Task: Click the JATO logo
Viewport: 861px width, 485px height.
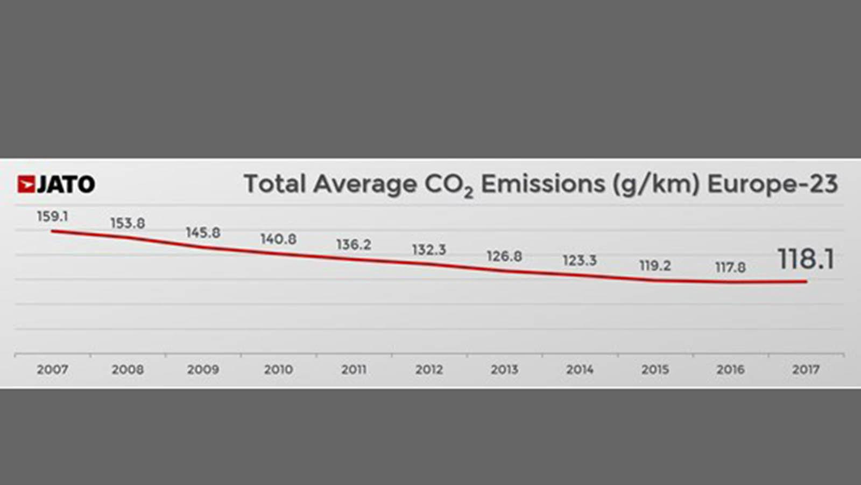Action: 56,184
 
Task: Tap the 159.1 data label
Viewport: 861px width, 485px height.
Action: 52,217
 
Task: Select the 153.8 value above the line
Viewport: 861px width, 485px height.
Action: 128,223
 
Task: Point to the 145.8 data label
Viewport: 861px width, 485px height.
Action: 203,233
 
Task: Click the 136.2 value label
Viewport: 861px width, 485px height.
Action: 354,245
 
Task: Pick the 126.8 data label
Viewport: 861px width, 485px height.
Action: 504,256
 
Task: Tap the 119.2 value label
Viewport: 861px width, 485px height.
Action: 655,266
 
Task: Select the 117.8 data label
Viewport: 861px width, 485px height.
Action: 730,267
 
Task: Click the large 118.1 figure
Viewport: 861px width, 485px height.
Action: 806,259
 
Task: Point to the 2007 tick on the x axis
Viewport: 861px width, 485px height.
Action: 52,370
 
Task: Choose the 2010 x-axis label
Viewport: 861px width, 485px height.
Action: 278,370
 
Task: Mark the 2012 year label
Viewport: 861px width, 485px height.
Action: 429,370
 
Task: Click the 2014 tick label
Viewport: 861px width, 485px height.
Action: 580,370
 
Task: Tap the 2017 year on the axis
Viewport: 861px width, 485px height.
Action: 806,370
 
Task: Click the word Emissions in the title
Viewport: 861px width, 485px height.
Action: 542,184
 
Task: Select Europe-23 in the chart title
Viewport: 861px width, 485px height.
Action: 772,184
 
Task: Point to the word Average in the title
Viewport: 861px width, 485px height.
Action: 365,184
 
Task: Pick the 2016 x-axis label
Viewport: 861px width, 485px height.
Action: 730,370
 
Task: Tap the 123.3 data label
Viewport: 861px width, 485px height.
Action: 580,261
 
